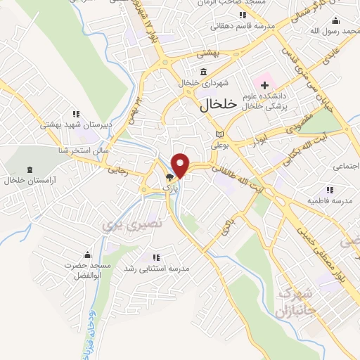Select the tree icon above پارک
point(170,178)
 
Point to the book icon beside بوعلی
point(219,134)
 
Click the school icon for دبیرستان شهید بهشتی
point(76,114)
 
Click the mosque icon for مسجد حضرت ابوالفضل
point(87,254)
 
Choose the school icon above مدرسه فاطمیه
point(328,189)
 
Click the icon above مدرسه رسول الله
point(335,19)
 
